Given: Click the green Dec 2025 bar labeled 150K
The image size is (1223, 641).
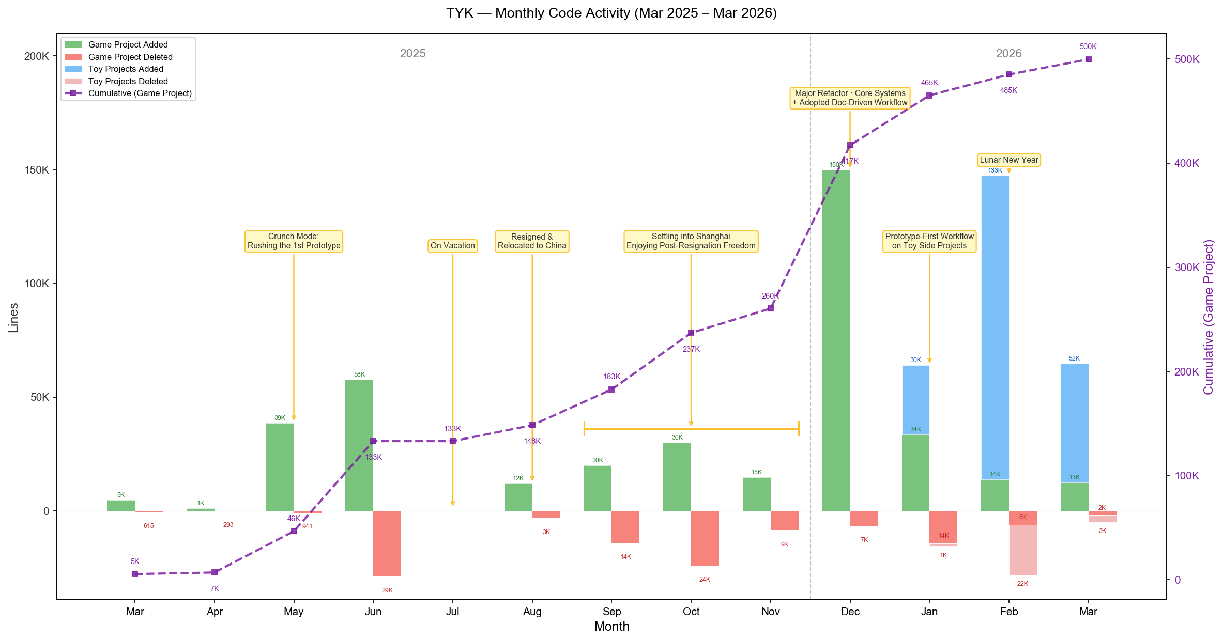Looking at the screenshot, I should point(836,341).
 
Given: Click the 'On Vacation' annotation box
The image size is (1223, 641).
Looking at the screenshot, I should point(453,246).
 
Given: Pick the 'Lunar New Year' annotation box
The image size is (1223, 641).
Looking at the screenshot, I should point(1009,160).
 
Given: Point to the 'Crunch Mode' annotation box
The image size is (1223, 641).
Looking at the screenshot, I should point(294,241).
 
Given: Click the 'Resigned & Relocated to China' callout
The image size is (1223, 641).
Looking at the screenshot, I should point(532,241).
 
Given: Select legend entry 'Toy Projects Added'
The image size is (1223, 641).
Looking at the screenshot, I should point(126,69).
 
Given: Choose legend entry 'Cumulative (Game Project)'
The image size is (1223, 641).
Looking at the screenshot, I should point(140,93).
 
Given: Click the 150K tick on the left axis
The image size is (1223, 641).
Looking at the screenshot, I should point(37,170).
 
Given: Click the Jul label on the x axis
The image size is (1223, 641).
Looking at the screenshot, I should point(453,612).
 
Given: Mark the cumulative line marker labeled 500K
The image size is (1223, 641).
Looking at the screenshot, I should point(1088,59).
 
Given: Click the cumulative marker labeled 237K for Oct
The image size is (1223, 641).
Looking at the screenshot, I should point(691,333).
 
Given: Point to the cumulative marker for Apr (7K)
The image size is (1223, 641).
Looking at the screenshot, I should point(215,572).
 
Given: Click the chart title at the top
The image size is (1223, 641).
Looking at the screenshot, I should point(611,13).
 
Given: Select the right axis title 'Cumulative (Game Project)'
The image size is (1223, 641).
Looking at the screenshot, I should point(1208,317).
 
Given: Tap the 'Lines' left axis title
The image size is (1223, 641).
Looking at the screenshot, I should point(13,317).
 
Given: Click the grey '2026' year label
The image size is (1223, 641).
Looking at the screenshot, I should point(1008,54).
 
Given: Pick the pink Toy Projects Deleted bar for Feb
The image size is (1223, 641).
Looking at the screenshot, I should point(1023,550).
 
